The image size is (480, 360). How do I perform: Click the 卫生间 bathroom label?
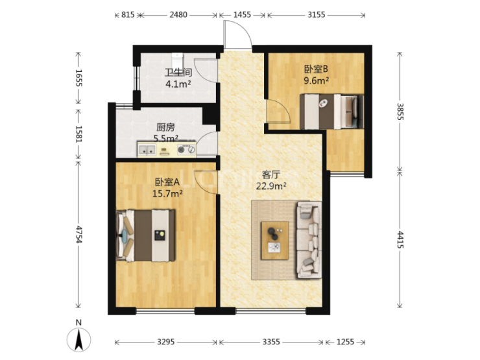pyautogui.click(x=178, y=72)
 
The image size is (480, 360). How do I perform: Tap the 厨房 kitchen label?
pyautogui.click(x=165, y=127)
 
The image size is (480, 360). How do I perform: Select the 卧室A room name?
pyautogui.click(x=167, y=182)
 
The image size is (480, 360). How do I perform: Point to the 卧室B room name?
pyautogui.click(x=316, y=69)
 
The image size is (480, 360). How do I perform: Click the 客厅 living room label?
pyautogui.click(x=271, y=174)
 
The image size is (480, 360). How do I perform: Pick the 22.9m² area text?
pyautogui.click(x=271, y=186)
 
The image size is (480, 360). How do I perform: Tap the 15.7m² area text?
pyautogui.click(x=167, y=193)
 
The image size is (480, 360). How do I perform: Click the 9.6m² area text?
pyautogui.click(x=317, y=80)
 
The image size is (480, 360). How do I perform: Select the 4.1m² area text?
pyautogui.click(x=178, y=84)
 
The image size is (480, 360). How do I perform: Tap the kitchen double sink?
pyautogui.click(x=147, y=150)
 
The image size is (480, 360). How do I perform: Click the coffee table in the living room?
pyautogui.click(x=274, y=241)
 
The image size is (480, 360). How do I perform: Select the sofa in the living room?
pyautogui.click(x=309, y=240)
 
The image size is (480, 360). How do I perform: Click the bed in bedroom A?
pyautogui.click(x=146, y=235)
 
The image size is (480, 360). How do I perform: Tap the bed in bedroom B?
pyautogui.click(x=331, y=112)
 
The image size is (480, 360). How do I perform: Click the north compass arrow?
pyautogui.click(x=79, y=339)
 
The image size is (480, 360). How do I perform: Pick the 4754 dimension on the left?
pyautogui.click(x=78, y=235)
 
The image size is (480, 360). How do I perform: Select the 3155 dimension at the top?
pyautogui.click(x=317, y=15)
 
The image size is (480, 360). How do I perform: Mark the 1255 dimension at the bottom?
pyautogui.click(x=345, y=342)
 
